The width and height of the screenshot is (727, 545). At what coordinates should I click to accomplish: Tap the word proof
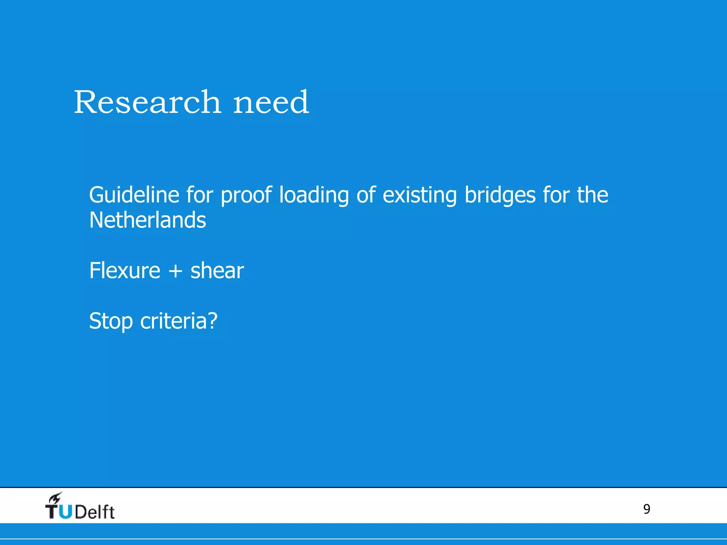click(246, 196)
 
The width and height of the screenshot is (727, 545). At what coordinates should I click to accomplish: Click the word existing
click(420, 196)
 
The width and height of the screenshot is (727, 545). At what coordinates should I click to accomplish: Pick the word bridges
click(500, 196)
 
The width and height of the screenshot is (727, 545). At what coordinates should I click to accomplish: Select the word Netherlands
click(147, 220)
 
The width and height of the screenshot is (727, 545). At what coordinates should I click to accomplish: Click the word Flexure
click(125, 270)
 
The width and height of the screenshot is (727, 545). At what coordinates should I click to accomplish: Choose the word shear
click(217, 270)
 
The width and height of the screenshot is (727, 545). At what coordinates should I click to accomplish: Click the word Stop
click(111, 321)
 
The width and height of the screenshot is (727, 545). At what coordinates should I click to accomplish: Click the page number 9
click(646, 509)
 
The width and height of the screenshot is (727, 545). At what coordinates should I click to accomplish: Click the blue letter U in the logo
click(66, 511)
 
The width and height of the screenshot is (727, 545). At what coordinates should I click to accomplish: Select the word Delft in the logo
click(95, 512)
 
